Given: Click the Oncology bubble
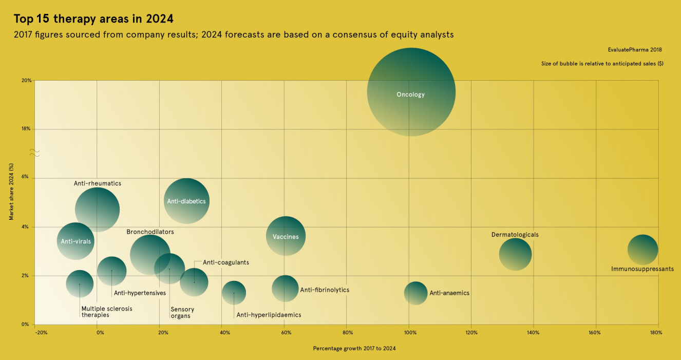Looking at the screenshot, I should pos(411,92).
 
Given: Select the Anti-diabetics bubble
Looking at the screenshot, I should pos(186,201).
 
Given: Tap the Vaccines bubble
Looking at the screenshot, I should pos(286,236).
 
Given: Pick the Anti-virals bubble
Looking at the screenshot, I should pos(75,241).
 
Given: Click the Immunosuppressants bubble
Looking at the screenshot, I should pos(642,250).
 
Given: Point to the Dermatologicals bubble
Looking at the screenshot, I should pos(515,254).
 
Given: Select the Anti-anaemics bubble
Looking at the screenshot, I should pos(415,293).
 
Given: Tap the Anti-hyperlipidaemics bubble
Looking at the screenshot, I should pos(234,293).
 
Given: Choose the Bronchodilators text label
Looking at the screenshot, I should pos(150,232).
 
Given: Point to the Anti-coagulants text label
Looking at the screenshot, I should pos(225,262).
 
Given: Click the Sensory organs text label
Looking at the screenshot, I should pos(182,313).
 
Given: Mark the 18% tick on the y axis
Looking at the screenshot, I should pos(26,129).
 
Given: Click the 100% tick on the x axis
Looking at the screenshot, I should pos(409,333).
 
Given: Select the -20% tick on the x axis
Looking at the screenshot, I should pos(41,333).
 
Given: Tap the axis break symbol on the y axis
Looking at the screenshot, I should pos(34,153).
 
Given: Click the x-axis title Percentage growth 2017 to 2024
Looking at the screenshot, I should pos(354,348).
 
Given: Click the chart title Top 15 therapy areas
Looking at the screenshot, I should pos(93,19).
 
